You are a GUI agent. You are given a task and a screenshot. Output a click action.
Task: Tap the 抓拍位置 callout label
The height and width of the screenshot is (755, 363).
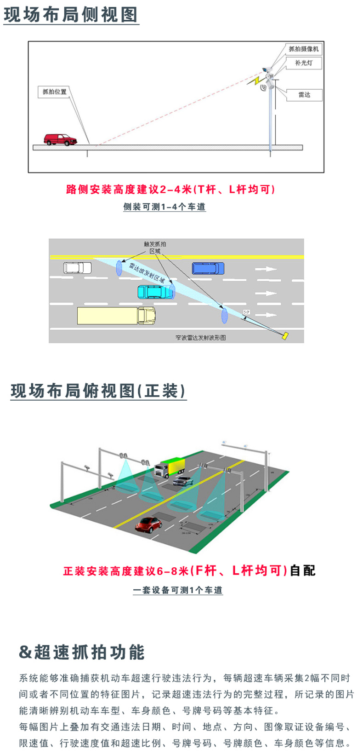pos(54,92)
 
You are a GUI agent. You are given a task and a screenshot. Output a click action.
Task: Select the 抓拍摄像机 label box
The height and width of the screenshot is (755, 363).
pos(303,49)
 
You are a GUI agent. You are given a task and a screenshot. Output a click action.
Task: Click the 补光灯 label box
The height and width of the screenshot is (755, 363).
pos(304,63)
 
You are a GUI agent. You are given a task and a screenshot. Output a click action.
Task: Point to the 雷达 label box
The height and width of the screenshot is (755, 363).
pos(305,95)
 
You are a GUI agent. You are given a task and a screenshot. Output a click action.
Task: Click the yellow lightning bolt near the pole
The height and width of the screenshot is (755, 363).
pos(254,80)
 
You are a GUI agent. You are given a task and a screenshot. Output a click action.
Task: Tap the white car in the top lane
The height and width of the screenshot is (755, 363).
pos(77,267)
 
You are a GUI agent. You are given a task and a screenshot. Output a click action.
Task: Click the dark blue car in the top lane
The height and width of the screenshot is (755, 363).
pos(208,268)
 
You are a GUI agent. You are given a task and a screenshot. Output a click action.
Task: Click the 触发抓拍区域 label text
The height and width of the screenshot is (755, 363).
pos(155,247)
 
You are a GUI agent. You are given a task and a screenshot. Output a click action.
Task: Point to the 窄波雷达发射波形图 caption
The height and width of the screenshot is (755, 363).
pos(200,338)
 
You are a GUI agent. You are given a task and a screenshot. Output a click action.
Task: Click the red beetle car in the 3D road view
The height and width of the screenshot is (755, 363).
pos(149,524)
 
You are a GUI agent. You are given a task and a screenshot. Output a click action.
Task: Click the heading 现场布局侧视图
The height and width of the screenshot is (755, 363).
pos(71,15)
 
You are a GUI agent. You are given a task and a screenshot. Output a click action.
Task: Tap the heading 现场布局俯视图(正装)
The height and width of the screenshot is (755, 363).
pos(98,391)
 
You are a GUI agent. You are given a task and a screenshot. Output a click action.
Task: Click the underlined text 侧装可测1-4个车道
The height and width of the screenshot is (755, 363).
pos(164,207)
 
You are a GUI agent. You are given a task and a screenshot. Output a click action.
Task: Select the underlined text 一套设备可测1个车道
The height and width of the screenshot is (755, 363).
pos(178,590)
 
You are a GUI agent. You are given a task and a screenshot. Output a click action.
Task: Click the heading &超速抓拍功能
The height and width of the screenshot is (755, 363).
pos(82,652)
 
